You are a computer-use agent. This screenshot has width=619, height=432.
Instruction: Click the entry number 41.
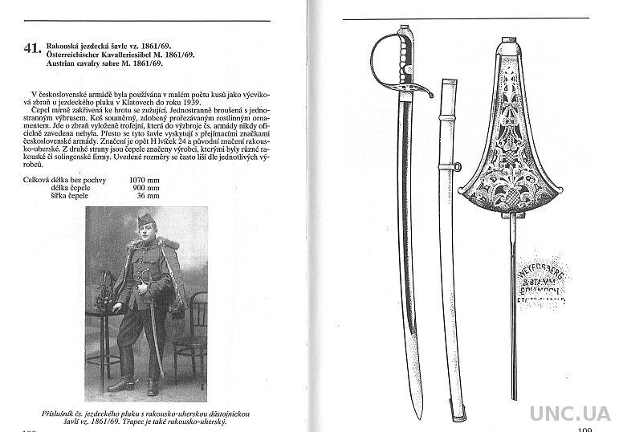click(35, 50)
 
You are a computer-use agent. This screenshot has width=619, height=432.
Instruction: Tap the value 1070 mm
click(144, 180)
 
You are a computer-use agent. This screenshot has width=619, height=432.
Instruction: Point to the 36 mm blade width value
click(148, 195)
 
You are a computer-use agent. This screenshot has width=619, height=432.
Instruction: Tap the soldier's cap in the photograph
click(145, 219)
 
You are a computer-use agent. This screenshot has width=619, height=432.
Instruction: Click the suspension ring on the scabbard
click(456, 167)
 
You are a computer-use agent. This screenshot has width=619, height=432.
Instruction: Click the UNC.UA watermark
click(571, 413)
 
